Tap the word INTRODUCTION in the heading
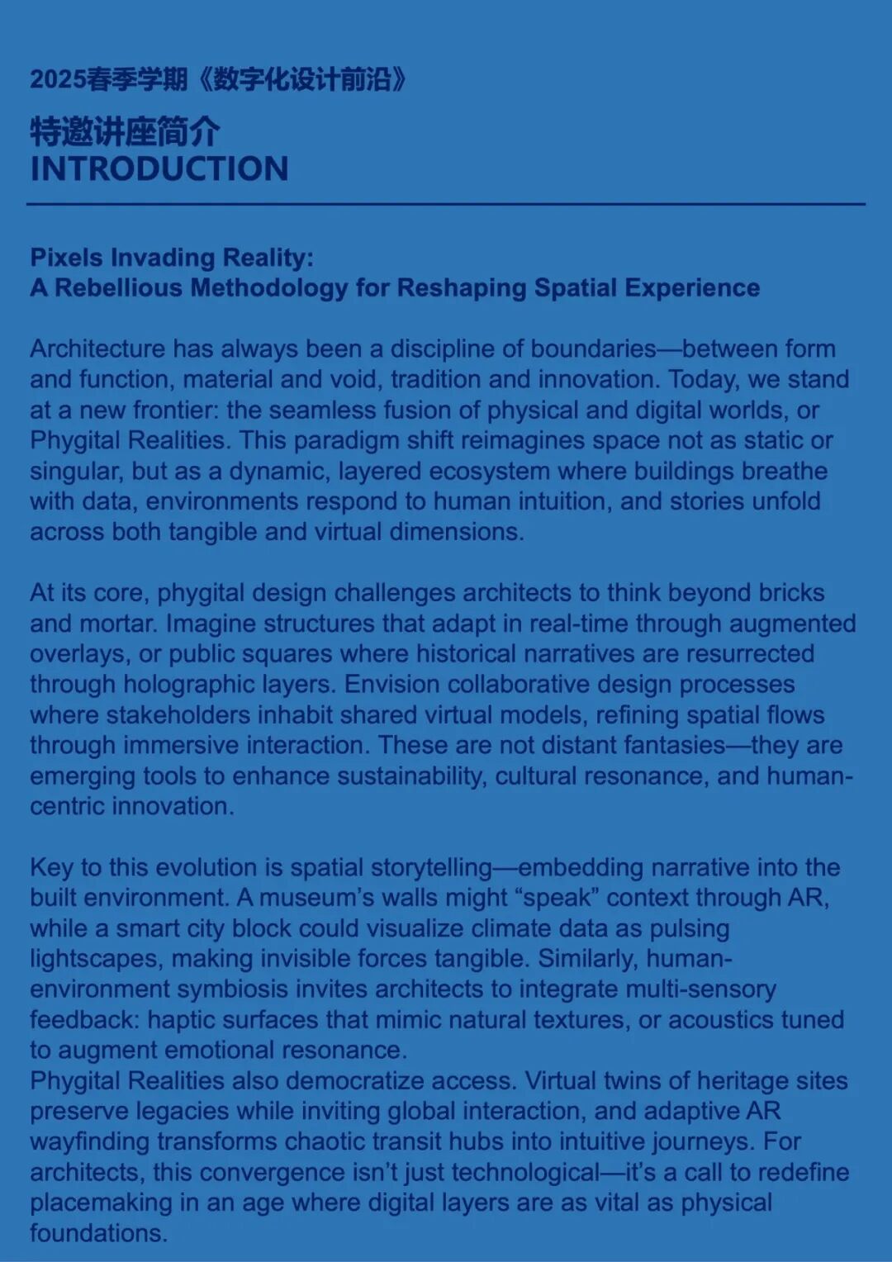(159, 169)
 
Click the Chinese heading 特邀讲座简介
(125, 131)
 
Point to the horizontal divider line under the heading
(446, 204)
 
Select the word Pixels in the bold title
(67, 258)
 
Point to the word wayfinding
(90, 1142)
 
